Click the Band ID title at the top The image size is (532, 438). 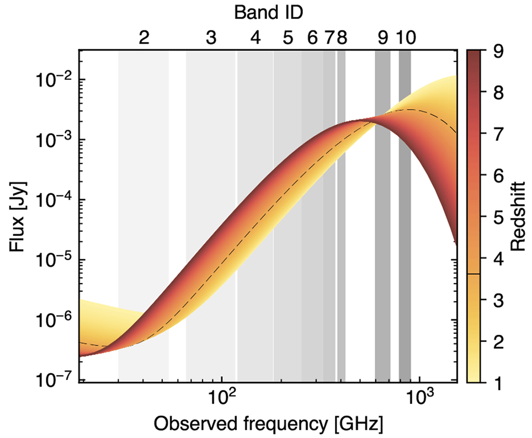(268, 13)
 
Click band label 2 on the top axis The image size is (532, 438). (144, 37)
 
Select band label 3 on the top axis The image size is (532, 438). (211, 37)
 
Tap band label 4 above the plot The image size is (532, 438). (255, 37)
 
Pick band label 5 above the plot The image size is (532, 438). (288, 37)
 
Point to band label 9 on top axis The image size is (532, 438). (383, 37)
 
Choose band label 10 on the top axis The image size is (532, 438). (406, 37)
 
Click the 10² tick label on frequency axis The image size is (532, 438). (221, 396)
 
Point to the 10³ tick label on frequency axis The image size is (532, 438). (420, 396)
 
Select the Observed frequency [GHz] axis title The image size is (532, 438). (268, 424)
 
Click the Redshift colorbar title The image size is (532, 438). (518, 217)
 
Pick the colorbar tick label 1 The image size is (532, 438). (498, 383)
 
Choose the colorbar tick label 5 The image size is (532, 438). (498, 217)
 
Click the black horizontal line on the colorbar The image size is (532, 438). (473, 274)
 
